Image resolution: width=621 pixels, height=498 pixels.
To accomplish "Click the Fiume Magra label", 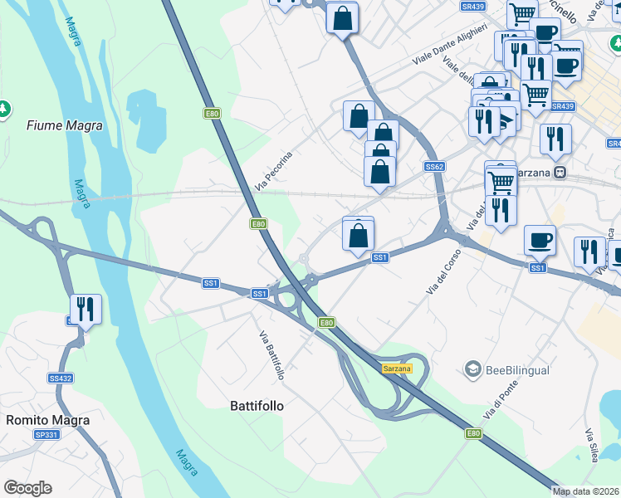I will point(65,126).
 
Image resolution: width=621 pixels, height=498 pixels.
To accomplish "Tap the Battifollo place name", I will point(257,406).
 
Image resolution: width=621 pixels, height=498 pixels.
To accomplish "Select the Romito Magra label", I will point(48,420).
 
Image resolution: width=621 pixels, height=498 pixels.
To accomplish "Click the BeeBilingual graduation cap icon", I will point(473,369).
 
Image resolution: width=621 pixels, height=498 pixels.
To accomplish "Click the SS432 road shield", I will point(61,378).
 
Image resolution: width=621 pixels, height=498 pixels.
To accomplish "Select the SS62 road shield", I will point(434,167).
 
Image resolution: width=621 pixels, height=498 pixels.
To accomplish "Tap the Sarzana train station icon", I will point(561,173).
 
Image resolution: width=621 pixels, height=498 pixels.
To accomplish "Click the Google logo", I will point(27,488).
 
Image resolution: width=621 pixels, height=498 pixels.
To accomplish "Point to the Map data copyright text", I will point(586,491).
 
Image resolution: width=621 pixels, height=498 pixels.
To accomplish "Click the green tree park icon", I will point(5,108).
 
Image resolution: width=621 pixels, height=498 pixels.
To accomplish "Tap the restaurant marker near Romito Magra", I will point(86,310).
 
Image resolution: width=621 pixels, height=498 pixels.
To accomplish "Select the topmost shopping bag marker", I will point(342,17).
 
